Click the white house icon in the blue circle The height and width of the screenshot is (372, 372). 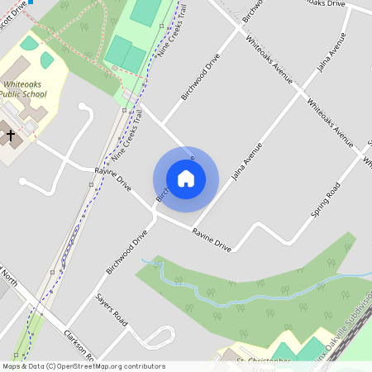point(186,179)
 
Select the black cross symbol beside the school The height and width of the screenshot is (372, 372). point(11,134)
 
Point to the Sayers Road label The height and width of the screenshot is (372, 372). point(112,308)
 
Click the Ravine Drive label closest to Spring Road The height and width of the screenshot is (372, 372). point(212,240)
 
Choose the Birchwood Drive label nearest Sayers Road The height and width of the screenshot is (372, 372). point(126,252)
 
